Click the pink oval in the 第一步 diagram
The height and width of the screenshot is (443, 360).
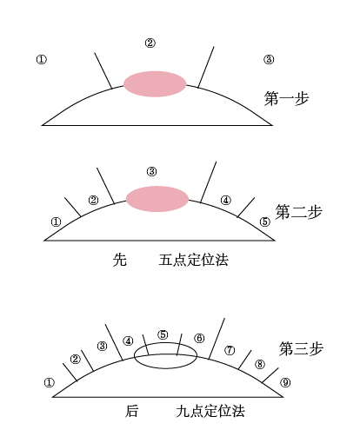155,84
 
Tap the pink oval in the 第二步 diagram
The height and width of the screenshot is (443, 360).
157,199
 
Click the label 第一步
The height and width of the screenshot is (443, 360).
286,98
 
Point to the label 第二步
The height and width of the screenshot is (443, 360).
298,212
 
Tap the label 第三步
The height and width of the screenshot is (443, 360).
301,348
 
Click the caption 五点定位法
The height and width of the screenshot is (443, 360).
193,260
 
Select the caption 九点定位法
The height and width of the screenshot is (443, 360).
210,411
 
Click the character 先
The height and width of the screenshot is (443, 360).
120,260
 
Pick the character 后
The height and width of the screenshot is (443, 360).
131,411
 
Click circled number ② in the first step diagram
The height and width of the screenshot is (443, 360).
150,43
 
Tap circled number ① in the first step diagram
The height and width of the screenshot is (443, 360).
42,60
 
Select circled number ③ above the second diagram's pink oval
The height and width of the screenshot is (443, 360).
151,171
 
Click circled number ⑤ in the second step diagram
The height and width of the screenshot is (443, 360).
264,222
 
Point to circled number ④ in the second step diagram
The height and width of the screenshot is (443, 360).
226,200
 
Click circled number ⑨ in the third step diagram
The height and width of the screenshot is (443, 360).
285,382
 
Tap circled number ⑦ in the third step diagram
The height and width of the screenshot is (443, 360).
230,350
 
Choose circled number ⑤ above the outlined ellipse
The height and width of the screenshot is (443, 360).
163,334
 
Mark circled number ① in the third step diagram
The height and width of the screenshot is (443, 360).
49,382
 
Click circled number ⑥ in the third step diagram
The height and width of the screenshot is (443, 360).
199,338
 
